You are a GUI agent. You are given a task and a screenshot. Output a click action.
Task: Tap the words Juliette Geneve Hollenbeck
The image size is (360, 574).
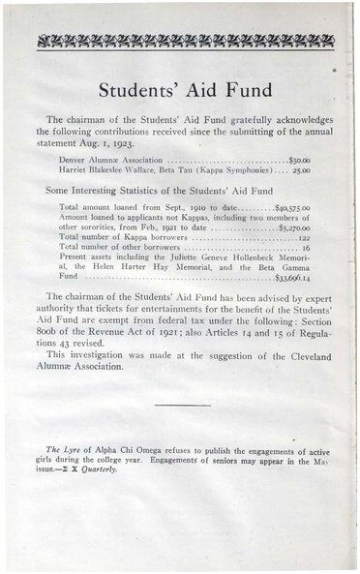click(x=226, y=257)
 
